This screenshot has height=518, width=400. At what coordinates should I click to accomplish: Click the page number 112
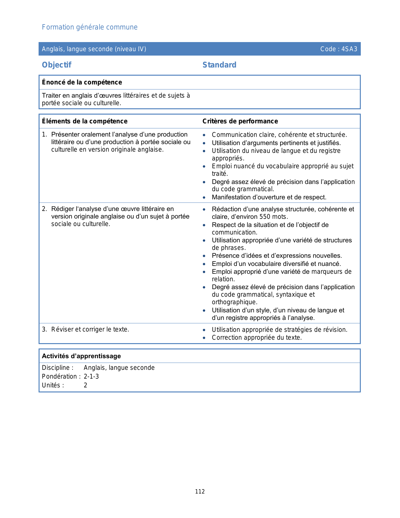(x=200, y=492)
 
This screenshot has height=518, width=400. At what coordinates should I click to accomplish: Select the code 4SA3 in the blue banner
(x=349, y=49)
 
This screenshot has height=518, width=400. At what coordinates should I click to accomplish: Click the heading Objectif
(x=57, y=65)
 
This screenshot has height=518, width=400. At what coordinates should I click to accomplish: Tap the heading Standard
(x=219, y=65)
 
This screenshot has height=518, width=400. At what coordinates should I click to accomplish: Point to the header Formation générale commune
(x=90, y=27)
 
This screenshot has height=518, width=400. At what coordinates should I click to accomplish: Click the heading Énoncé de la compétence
(x=82, y=82)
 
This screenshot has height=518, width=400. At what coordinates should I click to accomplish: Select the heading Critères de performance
(x=240, y=121)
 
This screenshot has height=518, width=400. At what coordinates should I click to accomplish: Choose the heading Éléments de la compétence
(x=85, y=121)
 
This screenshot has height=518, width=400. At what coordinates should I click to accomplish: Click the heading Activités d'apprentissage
(x=81, y=356)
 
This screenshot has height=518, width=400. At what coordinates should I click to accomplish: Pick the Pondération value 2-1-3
(x=91, y=376)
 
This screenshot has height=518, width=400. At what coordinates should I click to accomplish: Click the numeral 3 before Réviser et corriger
(x=44, y=329)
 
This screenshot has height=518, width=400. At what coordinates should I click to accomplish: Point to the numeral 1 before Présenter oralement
(x=44, y=134)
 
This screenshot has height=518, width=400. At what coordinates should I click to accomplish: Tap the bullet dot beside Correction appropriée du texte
(x=204, y=338)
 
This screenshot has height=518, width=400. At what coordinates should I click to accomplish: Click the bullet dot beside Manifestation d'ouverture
(x=204, y=197)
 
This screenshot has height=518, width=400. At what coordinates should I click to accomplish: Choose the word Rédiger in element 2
(x=63, y=209)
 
